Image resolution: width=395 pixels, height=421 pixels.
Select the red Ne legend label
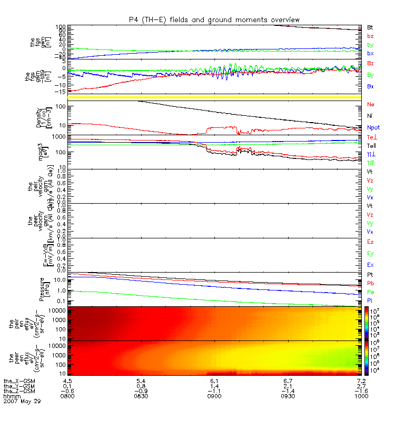tap(370, 104)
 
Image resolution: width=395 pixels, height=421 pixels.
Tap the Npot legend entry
tap(373, 127)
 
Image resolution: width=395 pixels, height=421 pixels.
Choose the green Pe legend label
tap(370, 292)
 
